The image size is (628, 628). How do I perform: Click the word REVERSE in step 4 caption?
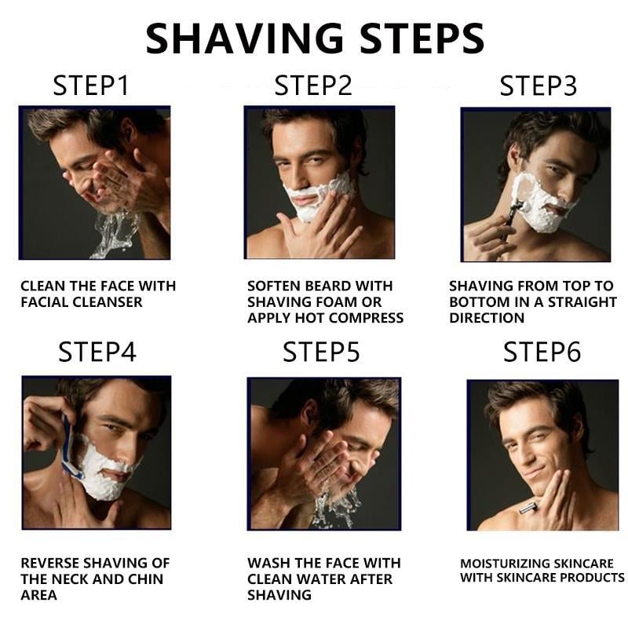click(53, 563)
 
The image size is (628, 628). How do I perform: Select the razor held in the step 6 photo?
click(528, 509)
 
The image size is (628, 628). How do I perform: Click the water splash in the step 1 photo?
click(110, 232)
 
